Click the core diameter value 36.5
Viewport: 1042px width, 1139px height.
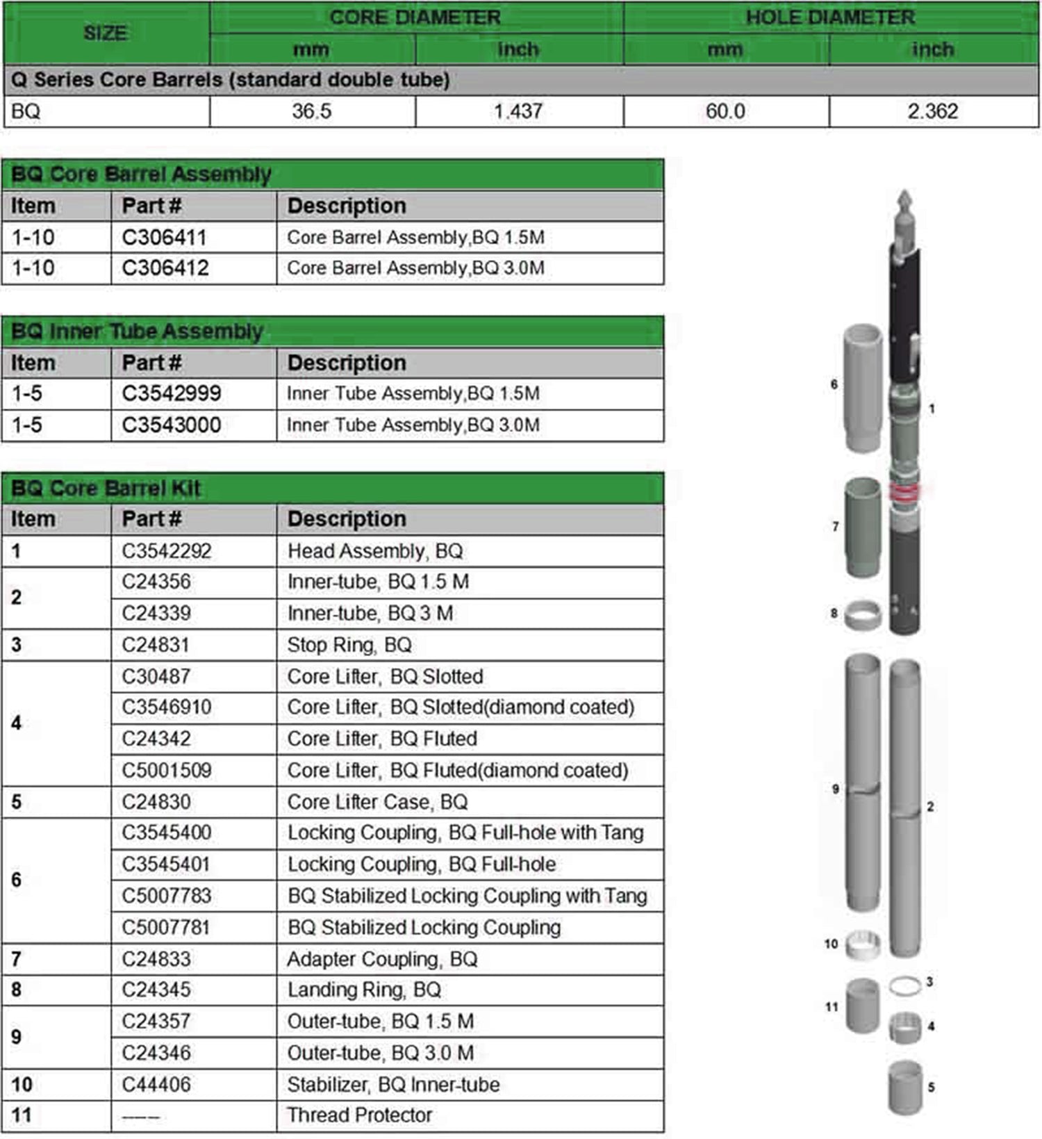tap(311, 111)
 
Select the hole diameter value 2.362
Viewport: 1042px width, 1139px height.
tap(932, 111)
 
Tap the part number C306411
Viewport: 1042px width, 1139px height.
tap(165, 238)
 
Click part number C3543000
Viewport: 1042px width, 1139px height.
tap(171, 425)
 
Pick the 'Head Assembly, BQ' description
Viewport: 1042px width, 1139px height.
tap(375, 551)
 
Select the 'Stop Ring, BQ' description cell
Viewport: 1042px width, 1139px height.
tap(349, 645)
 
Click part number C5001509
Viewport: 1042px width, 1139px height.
tap(167, 770)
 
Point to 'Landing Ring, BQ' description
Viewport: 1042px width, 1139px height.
tap(364, 990)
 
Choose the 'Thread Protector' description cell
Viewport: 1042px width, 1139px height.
tap(360, 1115)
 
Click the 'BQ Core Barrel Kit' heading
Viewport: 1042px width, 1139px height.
tap(106, 489)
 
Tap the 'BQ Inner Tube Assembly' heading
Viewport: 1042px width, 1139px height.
tap(137, 331)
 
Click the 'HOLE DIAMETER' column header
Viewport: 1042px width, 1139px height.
tap(830, 17)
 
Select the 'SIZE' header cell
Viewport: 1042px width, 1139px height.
tap(106, 33)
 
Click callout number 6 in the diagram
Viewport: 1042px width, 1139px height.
tap(834, 384)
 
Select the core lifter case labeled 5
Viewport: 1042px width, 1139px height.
tap(905, 1087)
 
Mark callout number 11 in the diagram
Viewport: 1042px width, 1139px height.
tap(832, 1007)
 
